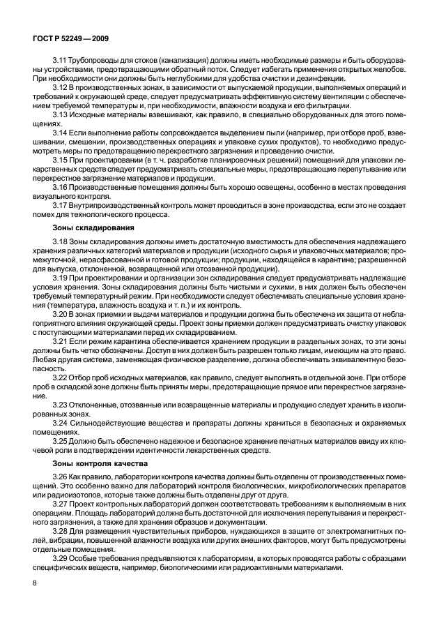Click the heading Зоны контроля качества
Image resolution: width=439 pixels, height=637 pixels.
click(x=90, y=463)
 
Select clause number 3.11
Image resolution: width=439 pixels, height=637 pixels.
click(x=61, y=61)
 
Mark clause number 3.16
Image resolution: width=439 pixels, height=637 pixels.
click(x=61, y=187)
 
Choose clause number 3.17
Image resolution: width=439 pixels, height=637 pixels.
click(x=61, y=204)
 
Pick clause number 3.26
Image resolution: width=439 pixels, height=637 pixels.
click(x=61, y=476)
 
